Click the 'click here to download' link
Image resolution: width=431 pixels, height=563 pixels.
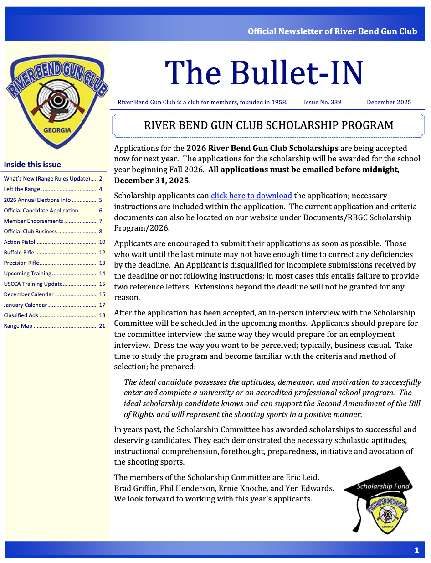[x=251, y=196]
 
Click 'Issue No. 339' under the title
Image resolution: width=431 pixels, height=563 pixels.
[x=323, y=102]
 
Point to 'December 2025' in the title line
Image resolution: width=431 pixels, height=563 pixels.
[x=389, y=102]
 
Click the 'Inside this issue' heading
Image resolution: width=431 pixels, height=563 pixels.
[x=32, y=165]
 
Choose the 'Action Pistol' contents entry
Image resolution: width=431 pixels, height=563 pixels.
[x=20, y=242]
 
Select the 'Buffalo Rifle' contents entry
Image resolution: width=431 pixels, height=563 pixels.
[x=19, y=253]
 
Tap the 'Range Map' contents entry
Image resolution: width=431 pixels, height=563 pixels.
[x=18, y=326]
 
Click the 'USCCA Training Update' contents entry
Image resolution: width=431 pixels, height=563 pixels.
[x=33, y=284]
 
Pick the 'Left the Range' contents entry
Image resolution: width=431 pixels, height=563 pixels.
[x=22, y=189]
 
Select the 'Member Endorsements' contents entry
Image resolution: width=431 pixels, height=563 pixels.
[x=33, y=221]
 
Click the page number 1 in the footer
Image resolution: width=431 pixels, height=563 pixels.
[x=416, y=550]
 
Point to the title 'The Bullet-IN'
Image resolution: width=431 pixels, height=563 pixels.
[x=264, y=73]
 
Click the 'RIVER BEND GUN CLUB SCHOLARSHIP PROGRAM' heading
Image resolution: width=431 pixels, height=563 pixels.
[x=268, y=125]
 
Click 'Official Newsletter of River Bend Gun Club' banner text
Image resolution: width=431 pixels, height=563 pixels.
[x=332, y=31]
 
